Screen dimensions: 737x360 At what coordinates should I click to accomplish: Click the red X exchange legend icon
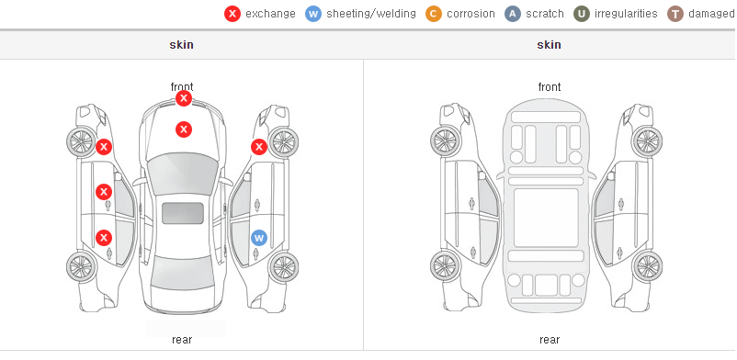tap(232, 14)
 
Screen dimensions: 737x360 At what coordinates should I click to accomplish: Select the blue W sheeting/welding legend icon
tap(313, 14)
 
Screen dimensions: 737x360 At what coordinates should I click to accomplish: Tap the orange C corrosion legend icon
tap(434, 14)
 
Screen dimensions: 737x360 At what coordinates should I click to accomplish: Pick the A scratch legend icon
tap(513, 14)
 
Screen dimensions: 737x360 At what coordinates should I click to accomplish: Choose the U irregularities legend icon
tap(582, 14)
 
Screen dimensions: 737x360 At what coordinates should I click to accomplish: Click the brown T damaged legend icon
tap(675, 14)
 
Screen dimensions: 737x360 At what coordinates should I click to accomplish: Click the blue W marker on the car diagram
tap(259, 238)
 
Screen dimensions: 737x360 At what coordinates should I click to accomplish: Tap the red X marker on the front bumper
tap(184, 98)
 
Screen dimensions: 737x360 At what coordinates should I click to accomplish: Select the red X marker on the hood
tap(184, 129)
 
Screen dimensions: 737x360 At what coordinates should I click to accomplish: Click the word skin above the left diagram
tap(181, 45)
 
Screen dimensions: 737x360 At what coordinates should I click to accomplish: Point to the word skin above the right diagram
tap(549, 45)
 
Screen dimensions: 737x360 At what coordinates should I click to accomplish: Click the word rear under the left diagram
tap(182, 340)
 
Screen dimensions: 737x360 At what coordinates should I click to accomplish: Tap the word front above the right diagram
tap(550, 87)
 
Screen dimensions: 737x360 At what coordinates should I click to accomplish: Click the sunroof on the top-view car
tap(183, 213)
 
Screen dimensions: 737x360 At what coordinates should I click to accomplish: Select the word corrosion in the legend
tap(471, 14)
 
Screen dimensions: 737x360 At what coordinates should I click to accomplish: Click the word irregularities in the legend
tap(626, 14)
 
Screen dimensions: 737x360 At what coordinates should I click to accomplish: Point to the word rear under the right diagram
tap(550, 340)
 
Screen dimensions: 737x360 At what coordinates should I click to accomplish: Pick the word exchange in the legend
tap(270, 14)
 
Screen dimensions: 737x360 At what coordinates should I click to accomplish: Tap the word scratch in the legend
tap(545, 14)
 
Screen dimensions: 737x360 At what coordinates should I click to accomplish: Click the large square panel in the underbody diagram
tap(546, 218)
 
